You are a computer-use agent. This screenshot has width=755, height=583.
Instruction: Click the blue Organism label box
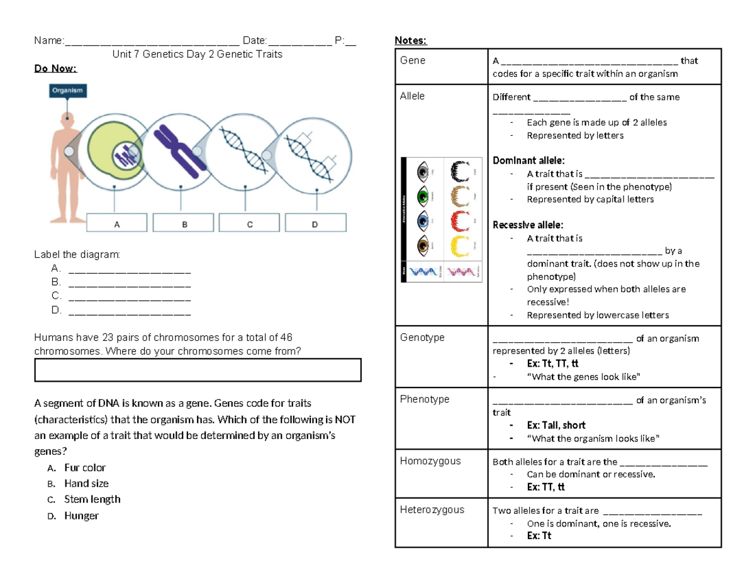point(68,91)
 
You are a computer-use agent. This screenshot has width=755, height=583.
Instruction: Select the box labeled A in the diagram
point(116,223)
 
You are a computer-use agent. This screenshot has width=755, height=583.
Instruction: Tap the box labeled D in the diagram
point(315,223)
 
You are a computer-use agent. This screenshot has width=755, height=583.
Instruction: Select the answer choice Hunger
point(81,516)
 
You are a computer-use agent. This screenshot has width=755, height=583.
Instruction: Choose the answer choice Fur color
point(84,468)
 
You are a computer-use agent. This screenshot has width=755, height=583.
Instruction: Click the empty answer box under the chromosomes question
point(198,370)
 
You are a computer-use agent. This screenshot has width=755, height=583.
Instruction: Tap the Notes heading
point(410,41)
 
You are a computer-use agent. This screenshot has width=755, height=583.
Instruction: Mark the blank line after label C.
point(129,296)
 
